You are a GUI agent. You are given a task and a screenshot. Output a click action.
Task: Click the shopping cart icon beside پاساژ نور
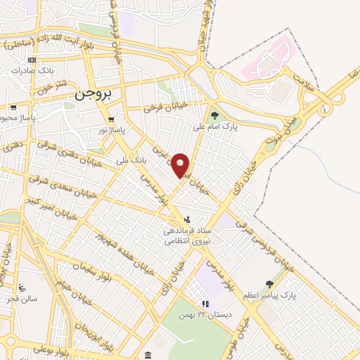pos(111,119)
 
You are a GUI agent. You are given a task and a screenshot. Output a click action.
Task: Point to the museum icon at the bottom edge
pos(148,355)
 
